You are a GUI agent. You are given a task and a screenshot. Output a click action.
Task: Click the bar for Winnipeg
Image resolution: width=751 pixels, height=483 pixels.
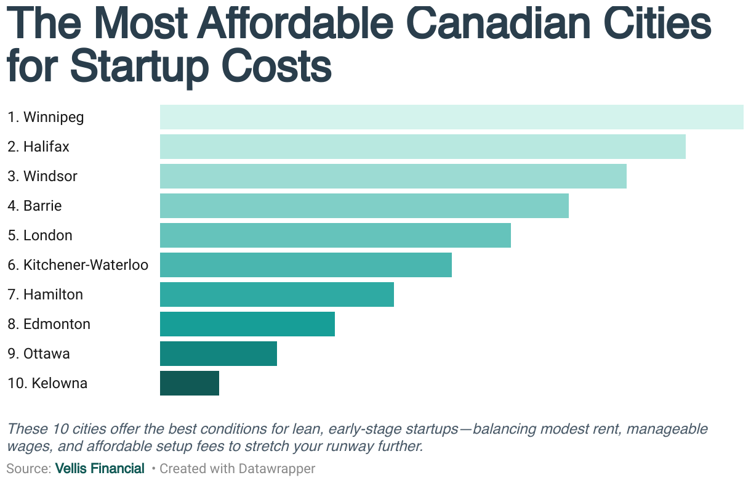pos(451,117)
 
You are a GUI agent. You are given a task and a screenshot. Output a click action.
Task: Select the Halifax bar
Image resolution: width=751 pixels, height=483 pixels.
pos(422,147)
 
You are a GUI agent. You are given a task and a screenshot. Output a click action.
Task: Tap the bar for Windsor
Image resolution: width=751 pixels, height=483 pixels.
pos(393,176)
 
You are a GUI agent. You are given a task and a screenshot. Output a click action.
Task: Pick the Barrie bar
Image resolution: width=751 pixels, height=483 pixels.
pos(364,206)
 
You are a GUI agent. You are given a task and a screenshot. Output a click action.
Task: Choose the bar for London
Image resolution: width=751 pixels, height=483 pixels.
pos(335,235)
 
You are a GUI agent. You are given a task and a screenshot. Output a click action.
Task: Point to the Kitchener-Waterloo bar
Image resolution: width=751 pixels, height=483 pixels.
pos(305,265)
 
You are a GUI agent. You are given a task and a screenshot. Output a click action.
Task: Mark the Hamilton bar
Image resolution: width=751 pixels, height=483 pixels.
pos(276,294)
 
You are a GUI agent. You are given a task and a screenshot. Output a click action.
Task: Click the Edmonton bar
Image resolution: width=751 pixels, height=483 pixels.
pos(247,324)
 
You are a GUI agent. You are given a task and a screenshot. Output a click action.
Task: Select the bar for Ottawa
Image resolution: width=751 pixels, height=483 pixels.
pos(218,354)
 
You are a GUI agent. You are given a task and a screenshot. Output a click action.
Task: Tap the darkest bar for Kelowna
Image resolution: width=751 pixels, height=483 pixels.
pos(189,383)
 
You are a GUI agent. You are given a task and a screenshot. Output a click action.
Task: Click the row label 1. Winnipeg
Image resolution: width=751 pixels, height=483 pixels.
pos(46,117)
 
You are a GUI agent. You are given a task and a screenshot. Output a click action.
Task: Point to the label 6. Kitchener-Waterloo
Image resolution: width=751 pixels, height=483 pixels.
pos(78,265)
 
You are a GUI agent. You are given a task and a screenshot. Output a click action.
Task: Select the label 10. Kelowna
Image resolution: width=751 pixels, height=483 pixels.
pos(47,383)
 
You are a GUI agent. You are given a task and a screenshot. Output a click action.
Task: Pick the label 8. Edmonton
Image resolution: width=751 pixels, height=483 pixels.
pos(49,324)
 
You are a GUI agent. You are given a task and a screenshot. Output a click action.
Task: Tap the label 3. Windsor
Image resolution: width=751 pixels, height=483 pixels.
pos(42,176)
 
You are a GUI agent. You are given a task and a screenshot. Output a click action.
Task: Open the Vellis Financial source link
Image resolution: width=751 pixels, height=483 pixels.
pos(100,469)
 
